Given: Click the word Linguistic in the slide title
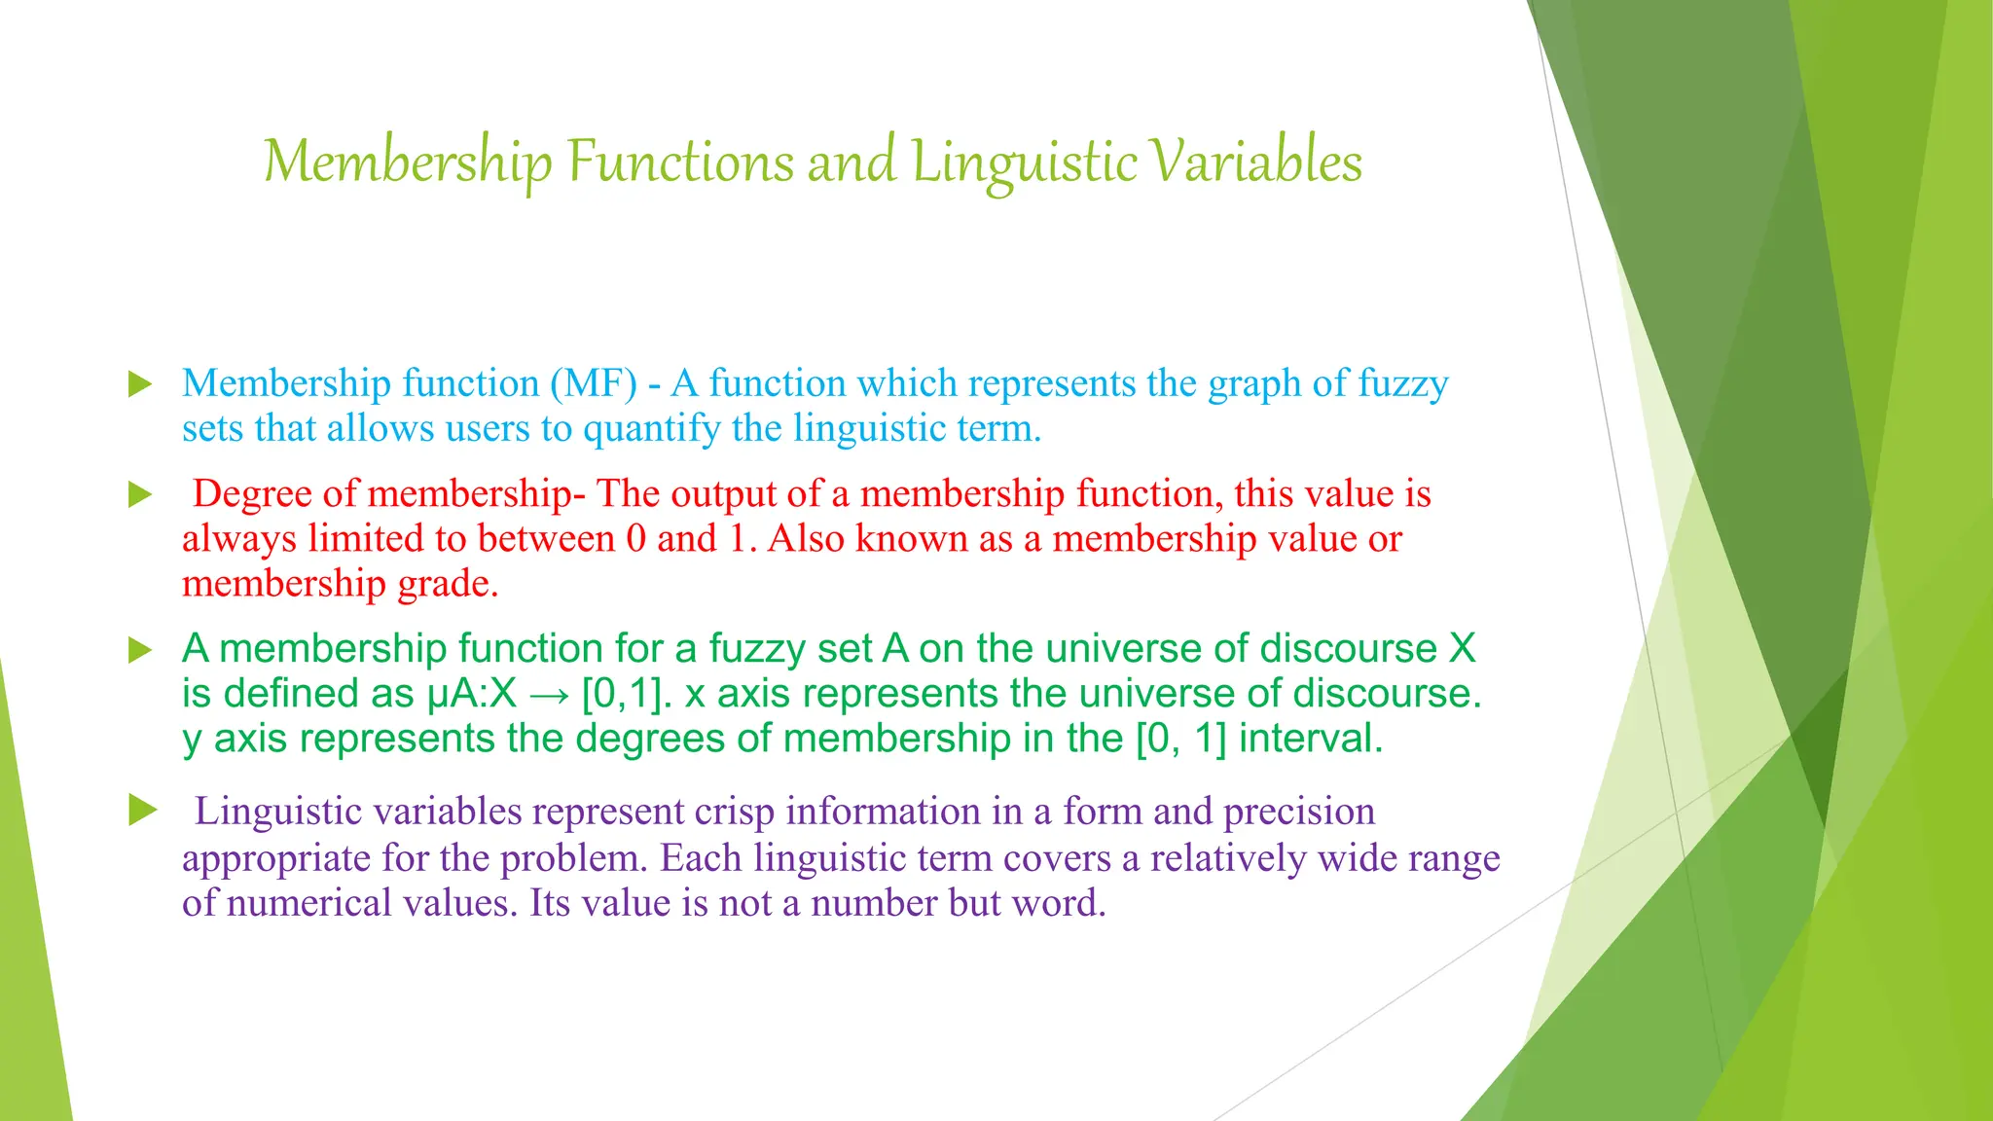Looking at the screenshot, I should pyautogui.click(x=1024, y=162).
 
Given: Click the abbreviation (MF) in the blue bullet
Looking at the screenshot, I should pyautogui.click(x=593, y=383).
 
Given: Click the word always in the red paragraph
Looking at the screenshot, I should pyautogui.click(x=238, y=539).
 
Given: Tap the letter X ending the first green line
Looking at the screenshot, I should pyautogui.click(x=1462, y=649).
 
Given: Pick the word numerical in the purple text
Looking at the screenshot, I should pyautogui.click(x=308, y=903).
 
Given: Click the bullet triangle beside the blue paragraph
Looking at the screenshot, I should pyautogui.click(x=141, y=384).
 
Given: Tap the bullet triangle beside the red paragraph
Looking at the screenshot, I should pyautogui.click(x=141, y=495).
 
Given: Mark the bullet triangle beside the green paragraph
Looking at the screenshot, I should pyautogui.click(x=141, y=650).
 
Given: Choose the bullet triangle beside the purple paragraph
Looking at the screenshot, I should pyautogui.click(x=142, y=810).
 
